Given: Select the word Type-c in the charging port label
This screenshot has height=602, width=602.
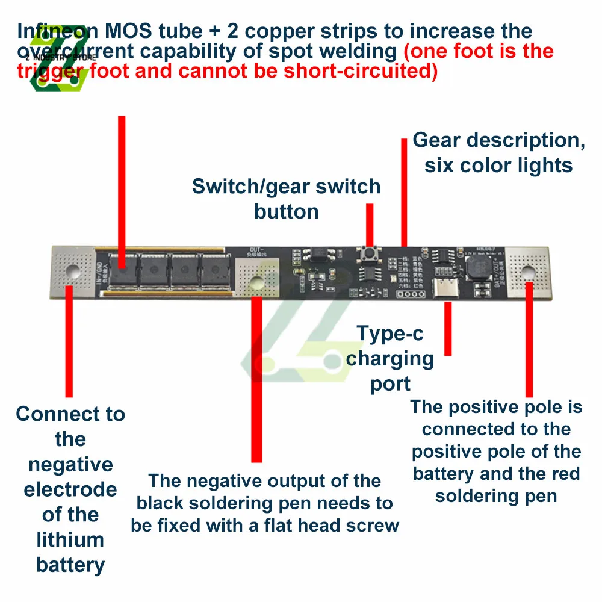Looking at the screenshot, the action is [385, 333].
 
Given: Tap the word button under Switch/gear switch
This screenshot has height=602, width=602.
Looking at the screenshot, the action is [286, 212].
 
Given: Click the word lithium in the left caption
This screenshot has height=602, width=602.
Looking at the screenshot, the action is [70, 539].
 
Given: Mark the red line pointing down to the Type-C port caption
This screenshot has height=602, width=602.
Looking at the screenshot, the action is [447, 328].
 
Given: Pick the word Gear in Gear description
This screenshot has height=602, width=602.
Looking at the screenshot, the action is [438, 140].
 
